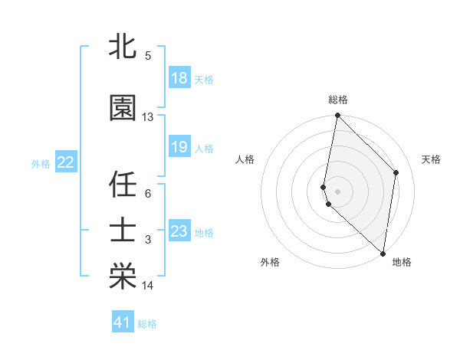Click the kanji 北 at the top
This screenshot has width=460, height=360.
click(123, 47)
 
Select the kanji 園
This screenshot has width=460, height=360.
click(123, 108)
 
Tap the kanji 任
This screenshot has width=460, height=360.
click(123, 185)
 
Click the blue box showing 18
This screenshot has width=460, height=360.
click(179, 78)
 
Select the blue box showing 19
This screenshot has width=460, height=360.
click(179, 147)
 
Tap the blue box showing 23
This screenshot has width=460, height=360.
click(179, 231)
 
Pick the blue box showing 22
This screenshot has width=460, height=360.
click(66, 162)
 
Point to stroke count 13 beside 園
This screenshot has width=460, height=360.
click(148, 117)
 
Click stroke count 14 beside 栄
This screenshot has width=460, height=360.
click(148, 286)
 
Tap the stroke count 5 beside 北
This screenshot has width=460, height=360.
click(148, 55)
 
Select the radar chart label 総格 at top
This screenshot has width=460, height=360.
click(338, 100)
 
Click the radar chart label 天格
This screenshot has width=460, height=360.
click(432, 159)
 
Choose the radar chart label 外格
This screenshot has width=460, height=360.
click(270, 262)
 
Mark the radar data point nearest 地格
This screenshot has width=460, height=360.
click(383, 254)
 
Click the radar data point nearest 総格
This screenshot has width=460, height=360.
click(338, 116)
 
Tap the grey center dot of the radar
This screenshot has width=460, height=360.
click(338, 191)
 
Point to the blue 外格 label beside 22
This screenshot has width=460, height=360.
click(41, 163)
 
